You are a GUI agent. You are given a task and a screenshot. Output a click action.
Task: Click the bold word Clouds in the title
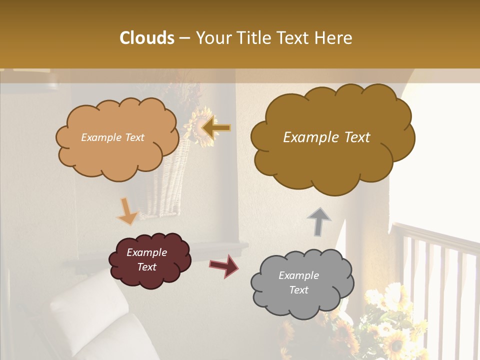[147, 38]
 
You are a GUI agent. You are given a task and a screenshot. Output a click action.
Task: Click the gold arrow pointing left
[216, 127]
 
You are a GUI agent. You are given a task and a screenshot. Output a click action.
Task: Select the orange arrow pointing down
[127, 211]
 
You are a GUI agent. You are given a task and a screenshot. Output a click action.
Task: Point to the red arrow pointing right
[224, 265]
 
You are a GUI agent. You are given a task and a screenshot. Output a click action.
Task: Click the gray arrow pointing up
[318, 221]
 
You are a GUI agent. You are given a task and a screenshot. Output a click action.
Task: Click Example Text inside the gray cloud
[298, 282]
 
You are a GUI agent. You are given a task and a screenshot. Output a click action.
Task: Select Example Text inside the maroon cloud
[146, 259]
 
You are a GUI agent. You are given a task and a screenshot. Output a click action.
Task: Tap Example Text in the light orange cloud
[112, 137]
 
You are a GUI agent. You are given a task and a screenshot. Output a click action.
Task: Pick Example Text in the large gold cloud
[326, 137]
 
